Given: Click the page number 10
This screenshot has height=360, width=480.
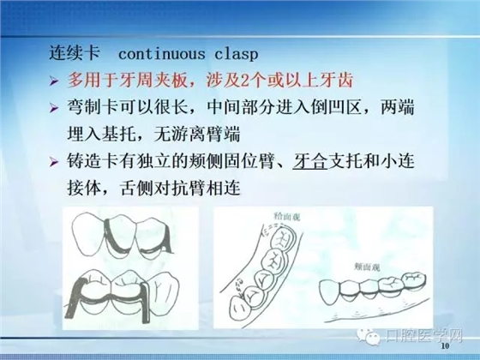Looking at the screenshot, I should (443, 351).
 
